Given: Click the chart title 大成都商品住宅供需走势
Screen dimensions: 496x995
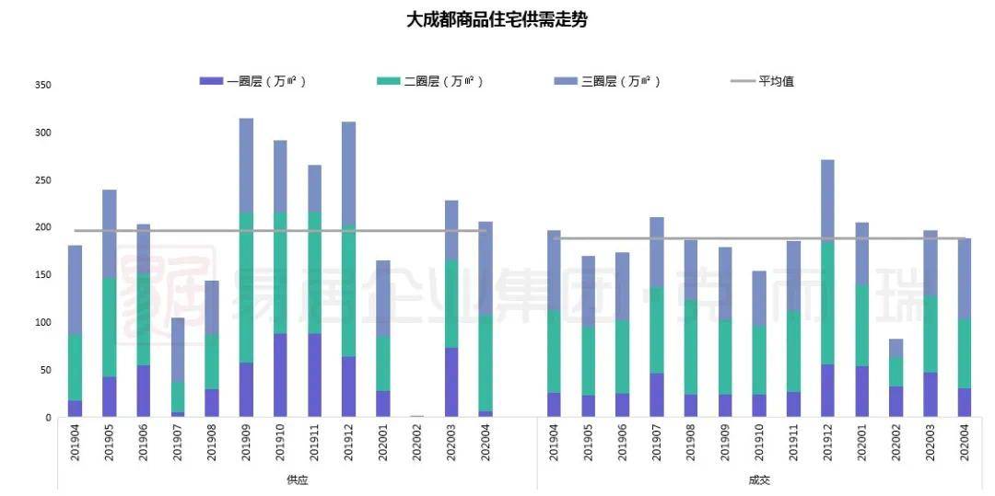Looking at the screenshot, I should [497, 19].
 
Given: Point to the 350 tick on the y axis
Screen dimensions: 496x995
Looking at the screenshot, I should [42, 86].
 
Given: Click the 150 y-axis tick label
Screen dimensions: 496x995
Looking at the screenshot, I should [42, 275].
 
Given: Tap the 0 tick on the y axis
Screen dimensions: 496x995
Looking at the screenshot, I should [48, 418].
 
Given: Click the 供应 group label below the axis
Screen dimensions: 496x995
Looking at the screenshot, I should [297, 480].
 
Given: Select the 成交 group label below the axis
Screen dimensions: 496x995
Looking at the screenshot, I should [759, 480].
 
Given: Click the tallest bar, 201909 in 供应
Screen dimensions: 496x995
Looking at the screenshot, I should [246, 267].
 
